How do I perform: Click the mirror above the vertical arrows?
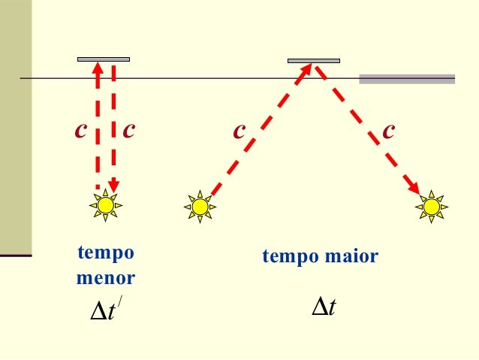click(x=104, y=59)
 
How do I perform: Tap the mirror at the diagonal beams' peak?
click(x=314, y=60)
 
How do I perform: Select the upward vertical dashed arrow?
click(x=97, y=124)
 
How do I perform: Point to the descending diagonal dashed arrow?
click(x=368, y=128)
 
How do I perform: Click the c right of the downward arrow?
click(x=129, y=130)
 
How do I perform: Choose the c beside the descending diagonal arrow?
click(x=389, y=130)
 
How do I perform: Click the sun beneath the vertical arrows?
click(x=106, y=205)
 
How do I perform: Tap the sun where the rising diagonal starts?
click(x=200, y=206)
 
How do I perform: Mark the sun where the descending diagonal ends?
click(x=431, y=206)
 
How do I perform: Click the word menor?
click(x=106, y=278)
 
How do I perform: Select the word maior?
click(x=352, y=257)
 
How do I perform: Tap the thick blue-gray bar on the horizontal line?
click(x=407, y=78)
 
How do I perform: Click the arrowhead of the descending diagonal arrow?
click(x=415, y=188)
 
